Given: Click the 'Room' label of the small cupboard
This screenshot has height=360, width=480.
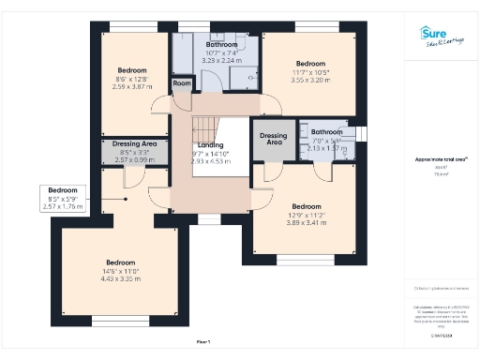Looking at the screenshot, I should click(x=182, y=83).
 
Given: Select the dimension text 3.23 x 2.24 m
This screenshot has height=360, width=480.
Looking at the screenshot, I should click(x=222, y=59).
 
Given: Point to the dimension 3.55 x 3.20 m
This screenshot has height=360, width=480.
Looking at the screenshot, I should click(x=310, y=81).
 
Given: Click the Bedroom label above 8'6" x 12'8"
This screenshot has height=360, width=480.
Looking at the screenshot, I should click(x=132, y=70).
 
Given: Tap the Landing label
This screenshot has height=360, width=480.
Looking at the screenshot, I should click(x=210, y=145).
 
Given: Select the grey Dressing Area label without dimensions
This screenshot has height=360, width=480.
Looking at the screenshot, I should click(x=274, y=139).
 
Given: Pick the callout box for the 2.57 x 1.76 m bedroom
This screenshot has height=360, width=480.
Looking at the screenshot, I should click(x=64, y=199).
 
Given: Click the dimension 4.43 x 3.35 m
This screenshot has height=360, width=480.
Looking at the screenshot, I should click(x=120, y=278).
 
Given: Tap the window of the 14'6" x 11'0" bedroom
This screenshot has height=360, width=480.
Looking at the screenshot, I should click(x=120, y=322).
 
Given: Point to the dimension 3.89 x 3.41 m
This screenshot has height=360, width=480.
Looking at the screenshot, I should click(x=306, y=222).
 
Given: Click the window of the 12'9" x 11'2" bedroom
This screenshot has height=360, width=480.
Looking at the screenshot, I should click(x=306, y=259).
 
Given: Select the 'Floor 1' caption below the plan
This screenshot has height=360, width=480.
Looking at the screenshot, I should click(x=202, y=342).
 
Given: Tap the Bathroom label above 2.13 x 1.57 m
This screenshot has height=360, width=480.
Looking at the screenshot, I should click(x=327, y=132).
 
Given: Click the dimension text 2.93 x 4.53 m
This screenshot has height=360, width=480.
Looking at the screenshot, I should click(x=210, y=161).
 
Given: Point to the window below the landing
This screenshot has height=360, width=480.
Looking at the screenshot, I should click(x=210, y=220).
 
